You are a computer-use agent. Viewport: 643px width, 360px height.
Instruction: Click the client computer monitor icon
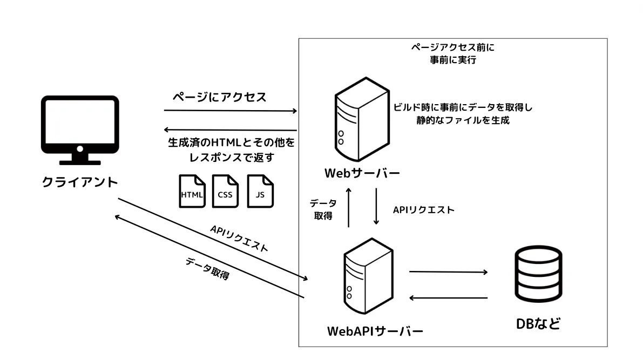point(80,130)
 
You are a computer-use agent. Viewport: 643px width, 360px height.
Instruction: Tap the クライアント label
point(80,182)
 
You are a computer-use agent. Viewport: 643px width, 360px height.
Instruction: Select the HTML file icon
point(193,192)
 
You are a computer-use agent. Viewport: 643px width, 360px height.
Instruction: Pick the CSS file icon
point(225,192)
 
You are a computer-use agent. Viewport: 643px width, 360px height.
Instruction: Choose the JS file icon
point(260,192)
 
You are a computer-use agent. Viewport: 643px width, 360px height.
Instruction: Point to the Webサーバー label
point(362,174)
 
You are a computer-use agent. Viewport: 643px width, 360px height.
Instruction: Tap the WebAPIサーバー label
point(375,330)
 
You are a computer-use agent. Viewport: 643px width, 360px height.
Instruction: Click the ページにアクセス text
point(219,98)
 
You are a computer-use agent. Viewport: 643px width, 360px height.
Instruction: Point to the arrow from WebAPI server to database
point(448,271)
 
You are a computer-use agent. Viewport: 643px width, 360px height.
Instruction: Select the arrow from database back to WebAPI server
point(448,297)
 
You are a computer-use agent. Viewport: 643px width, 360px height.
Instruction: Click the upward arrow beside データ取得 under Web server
point(349,207)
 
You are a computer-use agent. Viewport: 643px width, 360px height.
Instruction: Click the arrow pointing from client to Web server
point(231,111)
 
